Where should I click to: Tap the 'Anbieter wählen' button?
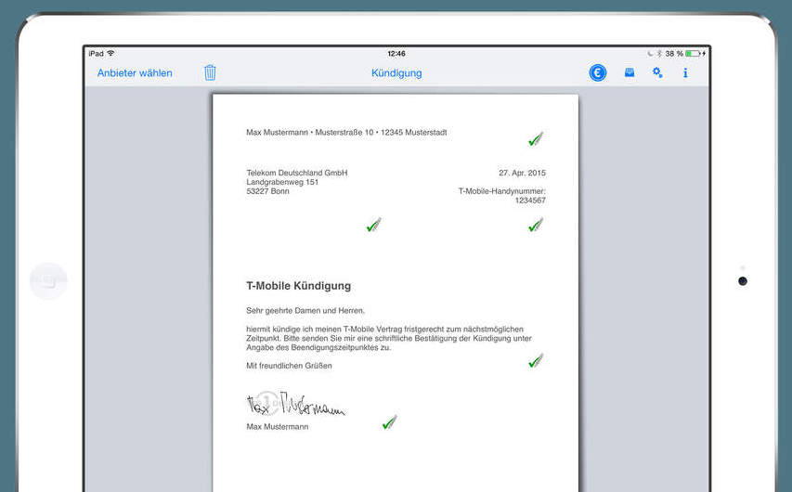135,72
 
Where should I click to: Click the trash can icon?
210,72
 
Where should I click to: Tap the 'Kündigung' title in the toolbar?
396,72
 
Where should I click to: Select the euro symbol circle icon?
598,72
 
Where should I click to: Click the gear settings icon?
657,72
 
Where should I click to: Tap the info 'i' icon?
685,72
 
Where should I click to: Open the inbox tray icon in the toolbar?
630,72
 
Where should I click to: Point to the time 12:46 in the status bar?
396,54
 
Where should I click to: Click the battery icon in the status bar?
693,54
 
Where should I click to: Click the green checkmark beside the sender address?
535,139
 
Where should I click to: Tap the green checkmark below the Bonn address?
373,225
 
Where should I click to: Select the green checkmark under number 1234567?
535,225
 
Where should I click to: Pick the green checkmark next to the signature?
389,422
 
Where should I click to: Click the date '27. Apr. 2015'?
522,173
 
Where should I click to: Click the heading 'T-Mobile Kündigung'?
298,286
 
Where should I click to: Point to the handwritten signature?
295,405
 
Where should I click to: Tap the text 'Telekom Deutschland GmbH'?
296,173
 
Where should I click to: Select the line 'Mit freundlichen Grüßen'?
289,366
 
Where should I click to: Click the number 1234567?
530,201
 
